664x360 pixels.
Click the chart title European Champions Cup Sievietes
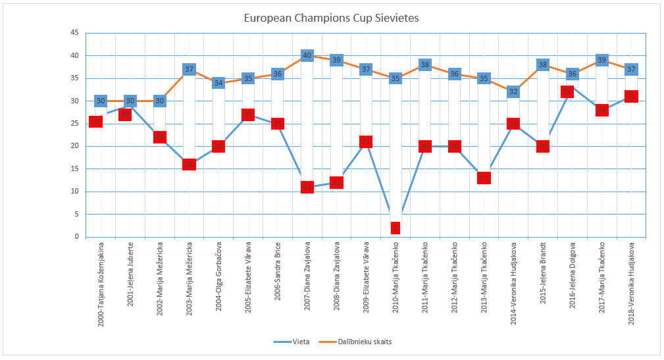(331, 18)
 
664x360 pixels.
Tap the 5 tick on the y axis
(76, 215)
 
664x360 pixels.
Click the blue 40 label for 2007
(307, 56)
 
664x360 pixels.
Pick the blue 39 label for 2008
(336, 61)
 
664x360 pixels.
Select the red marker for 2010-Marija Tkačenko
(396, 228)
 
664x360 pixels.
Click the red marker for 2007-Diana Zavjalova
(307, 187)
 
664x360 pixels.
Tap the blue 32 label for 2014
(513, 92)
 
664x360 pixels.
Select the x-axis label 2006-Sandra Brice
(277, 272)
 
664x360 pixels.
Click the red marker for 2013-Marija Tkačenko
(484, 178)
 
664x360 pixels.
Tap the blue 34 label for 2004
(218, 83)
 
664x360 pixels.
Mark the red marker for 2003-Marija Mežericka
(190, 165)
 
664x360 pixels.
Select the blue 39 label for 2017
(601, 61)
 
